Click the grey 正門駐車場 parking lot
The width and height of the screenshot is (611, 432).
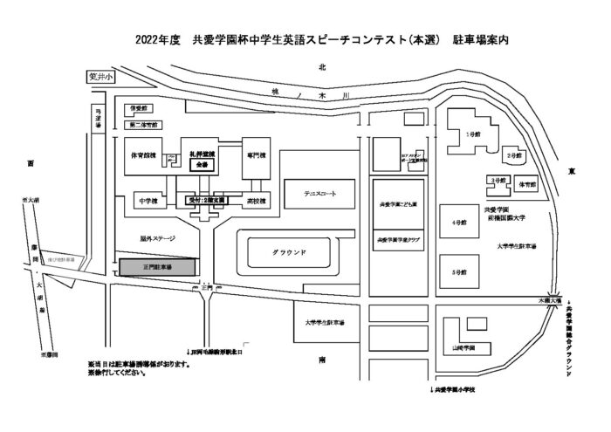[157, 266]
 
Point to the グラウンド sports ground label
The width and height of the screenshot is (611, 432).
[289, 254]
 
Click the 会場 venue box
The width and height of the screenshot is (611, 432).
[203, 164]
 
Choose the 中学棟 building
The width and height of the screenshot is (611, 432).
[148, 202]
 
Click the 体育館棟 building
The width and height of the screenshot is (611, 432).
[142, 156]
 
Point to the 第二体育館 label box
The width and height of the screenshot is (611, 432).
[144, 125]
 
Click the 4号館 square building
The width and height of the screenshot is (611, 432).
[457, 222]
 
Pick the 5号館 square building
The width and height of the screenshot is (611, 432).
[457, 271]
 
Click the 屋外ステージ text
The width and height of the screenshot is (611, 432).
[157, 237]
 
